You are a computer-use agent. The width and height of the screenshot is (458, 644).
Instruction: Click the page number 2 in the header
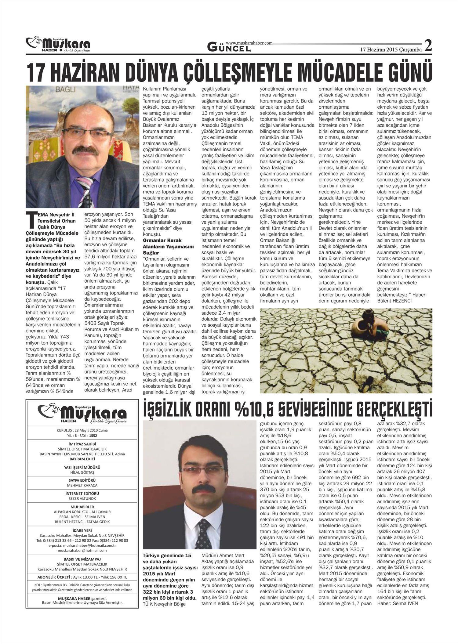pos(428,46)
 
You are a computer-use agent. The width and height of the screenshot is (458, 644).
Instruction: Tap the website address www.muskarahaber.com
pos(249,43)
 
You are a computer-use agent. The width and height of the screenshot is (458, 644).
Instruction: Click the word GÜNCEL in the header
pos(229,48)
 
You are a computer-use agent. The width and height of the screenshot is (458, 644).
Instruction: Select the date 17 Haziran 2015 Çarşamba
pos(391,49)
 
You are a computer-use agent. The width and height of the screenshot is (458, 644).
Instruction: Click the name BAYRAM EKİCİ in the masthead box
pos(82,459)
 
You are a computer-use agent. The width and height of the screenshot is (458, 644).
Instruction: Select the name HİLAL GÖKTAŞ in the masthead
pos(82,472)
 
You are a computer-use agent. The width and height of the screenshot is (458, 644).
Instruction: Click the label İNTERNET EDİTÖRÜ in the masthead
pos(82,493)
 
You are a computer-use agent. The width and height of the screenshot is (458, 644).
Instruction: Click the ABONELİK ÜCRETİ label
pos(55,577)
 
